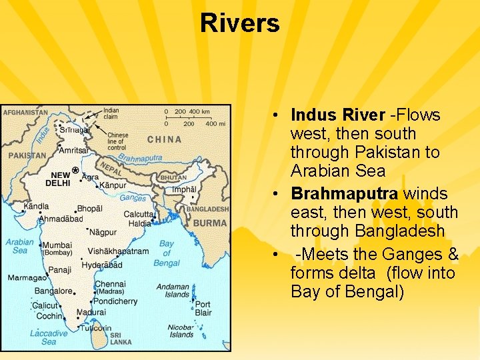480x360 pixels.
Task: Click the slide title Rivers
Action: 239,23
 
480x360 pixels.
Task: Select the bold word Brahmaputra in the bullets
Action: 344,193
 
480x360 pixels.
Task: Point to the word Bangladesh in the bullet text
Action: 399,231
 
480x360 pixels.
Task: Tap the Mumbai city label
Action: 57,245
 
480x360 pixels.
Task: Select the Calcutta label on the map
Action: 138,215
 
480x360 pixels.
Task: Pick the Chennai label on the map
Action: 110,284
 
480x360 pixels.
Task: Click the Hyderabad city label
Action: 103,265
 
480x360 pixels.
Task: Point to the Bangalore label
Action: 53,291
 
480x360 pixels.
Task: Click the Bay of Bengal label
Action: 166,253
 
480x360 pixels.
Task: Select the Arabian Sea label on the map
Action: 19,246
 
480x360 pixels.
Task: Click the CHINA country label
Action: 164,139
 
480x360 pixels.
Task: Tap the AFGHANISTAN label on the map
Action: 25,113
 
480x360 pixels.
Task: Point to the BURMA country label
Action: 210,223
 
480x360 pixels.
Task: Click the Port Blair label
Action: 203,309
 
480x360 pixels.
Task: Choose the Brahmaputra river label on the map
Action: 140,158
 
